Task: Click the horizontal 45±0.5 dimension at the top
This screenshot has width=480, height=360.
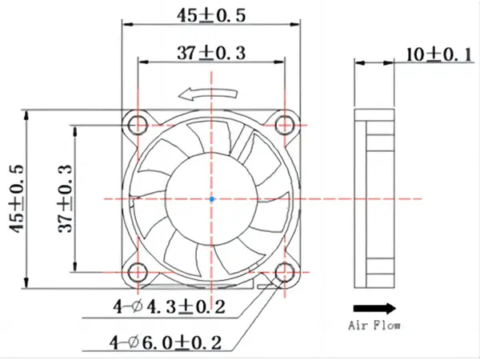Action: click(212, 14)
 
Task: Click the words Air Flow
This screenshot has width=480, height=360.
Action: click(374, 326)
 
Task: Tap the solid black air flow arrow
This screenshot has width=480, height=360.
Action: click(374, 308)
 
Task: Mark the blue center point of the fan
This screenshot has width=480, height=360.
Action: click(211, 198)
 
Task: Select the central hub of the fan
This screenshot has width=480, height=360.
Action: click(211, 198)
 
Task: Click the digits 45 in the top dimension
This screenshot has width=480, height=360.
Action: click(187, 14)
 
